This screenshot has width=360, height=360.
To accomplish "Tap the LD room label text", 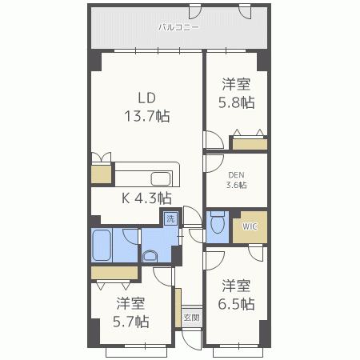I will tap(146, 98).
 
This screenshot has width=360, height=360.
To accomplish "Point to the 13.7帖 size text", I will tap(146, 115).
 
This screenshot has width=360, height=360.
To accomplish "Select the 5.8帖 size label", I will tap(237, 102).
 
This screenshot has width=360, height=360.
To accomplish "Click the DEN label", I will tap(237, 174).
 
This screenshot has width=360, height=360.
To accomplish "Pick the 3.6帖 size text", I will tap(237, 185).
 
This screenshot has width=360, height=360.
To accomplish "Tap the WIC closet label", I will tap(250, 226).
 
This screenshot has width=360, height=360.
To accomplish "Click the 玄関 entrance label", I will tap(192, 318).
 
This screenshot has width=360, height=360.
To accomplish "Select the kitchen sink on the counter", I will tap(161, 178).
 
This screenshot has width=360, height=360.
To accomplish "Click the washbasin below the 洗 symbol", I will tap(151, 256).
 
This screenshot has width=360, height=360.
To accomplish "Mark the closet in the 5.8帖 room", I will tap(249, 144).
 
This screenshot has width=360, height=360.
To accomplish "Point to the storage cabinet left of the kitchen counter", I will tap(101, 174).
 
